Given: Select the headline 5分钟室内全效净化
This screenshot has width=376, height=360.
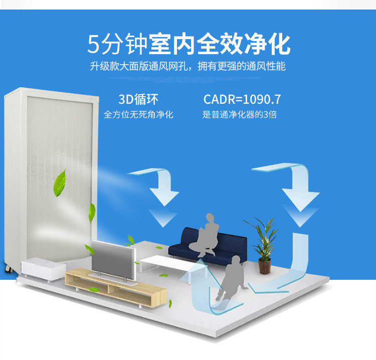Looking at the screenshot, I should click(x=189, y=45).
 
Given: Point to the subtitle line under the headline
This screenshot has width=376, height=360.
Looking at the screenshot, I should click(x=188, y=66).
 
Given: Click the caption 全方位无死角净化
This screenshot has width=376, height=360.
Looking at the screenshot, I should click(x=138, y=115).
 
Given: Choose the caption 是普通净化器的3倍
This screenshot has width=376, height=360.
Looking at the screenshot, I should click(x=239, y=115).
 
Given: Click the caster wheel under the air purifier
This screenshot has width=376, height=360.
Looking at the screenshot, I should click(x=8, y=270).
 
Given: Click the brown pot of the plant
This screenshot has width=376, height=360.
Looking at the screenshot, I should click(x=264, y=266).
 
